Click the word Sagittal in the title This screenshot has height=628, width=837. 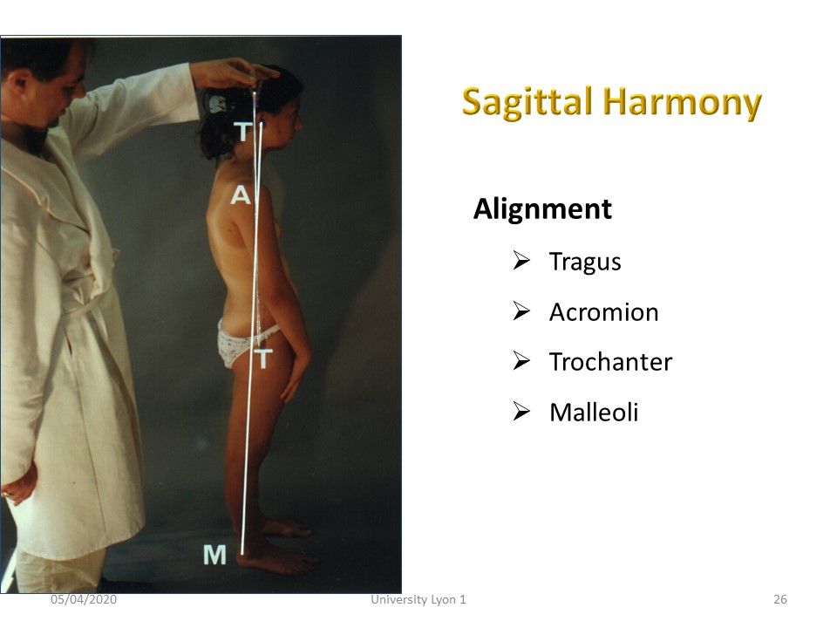coord(527,102)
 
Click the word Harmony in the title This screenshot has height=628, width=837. coord(682,102)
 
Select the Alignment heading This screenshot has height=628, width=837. coord(542,208)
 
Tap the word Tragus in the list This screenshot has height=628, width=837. coord(585,263)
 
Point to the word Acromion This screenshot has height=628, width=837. coord(603,312)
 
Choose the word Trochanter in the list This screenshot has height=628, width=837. coord(610,362)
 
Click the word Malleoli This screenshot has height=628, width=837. coord(594,413)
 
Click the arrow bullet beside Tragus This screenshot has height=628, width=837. coord(521,261)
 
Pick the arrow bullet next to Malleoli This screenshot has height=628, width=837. coord(521,411)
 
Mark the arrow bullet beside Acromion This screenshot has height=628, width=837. coord(521,311)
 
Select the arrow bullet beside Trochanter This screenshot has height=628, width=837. coord(521,361)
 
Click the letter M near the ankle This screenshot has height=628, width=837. coord(214,556)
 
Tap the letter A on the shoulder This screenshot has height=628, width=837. coord(241,195)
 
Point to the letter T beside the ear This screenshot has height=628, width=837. coord(243,132)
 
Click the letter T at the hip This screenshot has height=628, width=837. coord(263,358)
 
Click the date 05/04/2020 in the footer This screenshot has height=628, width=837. coord(84,600)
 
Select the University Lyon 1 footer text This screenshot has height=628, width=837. coord(418,600)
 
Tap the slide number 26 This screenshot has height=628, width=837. coord(779,600)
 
